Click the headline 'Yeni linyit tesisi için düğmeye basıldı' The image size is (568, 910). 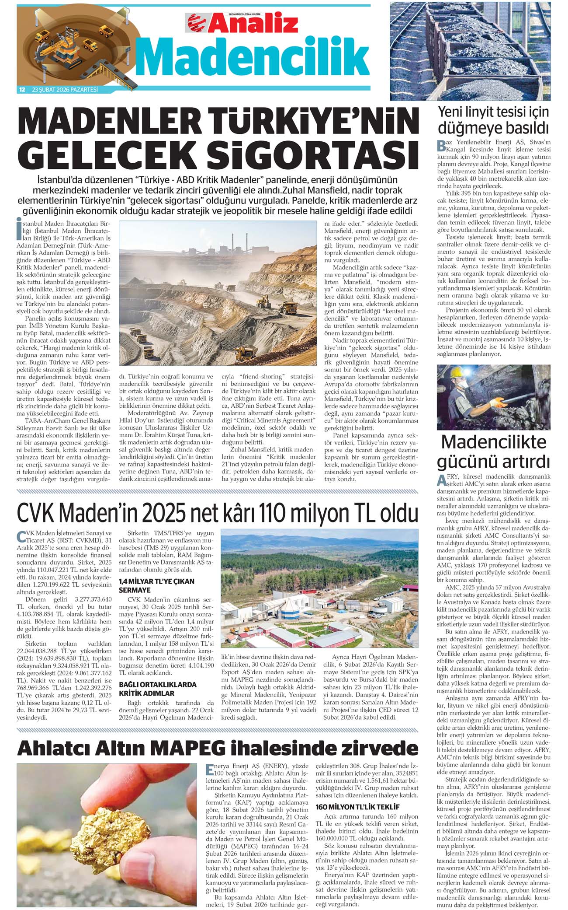(493, 120)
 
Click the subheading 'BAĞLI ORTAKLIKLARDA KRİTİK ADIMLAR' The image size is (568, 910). (158, 689)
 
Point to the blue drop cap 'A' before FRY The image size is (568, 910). (441, 480)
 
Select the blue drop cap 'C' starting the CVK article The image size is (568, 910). (21, 537)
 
